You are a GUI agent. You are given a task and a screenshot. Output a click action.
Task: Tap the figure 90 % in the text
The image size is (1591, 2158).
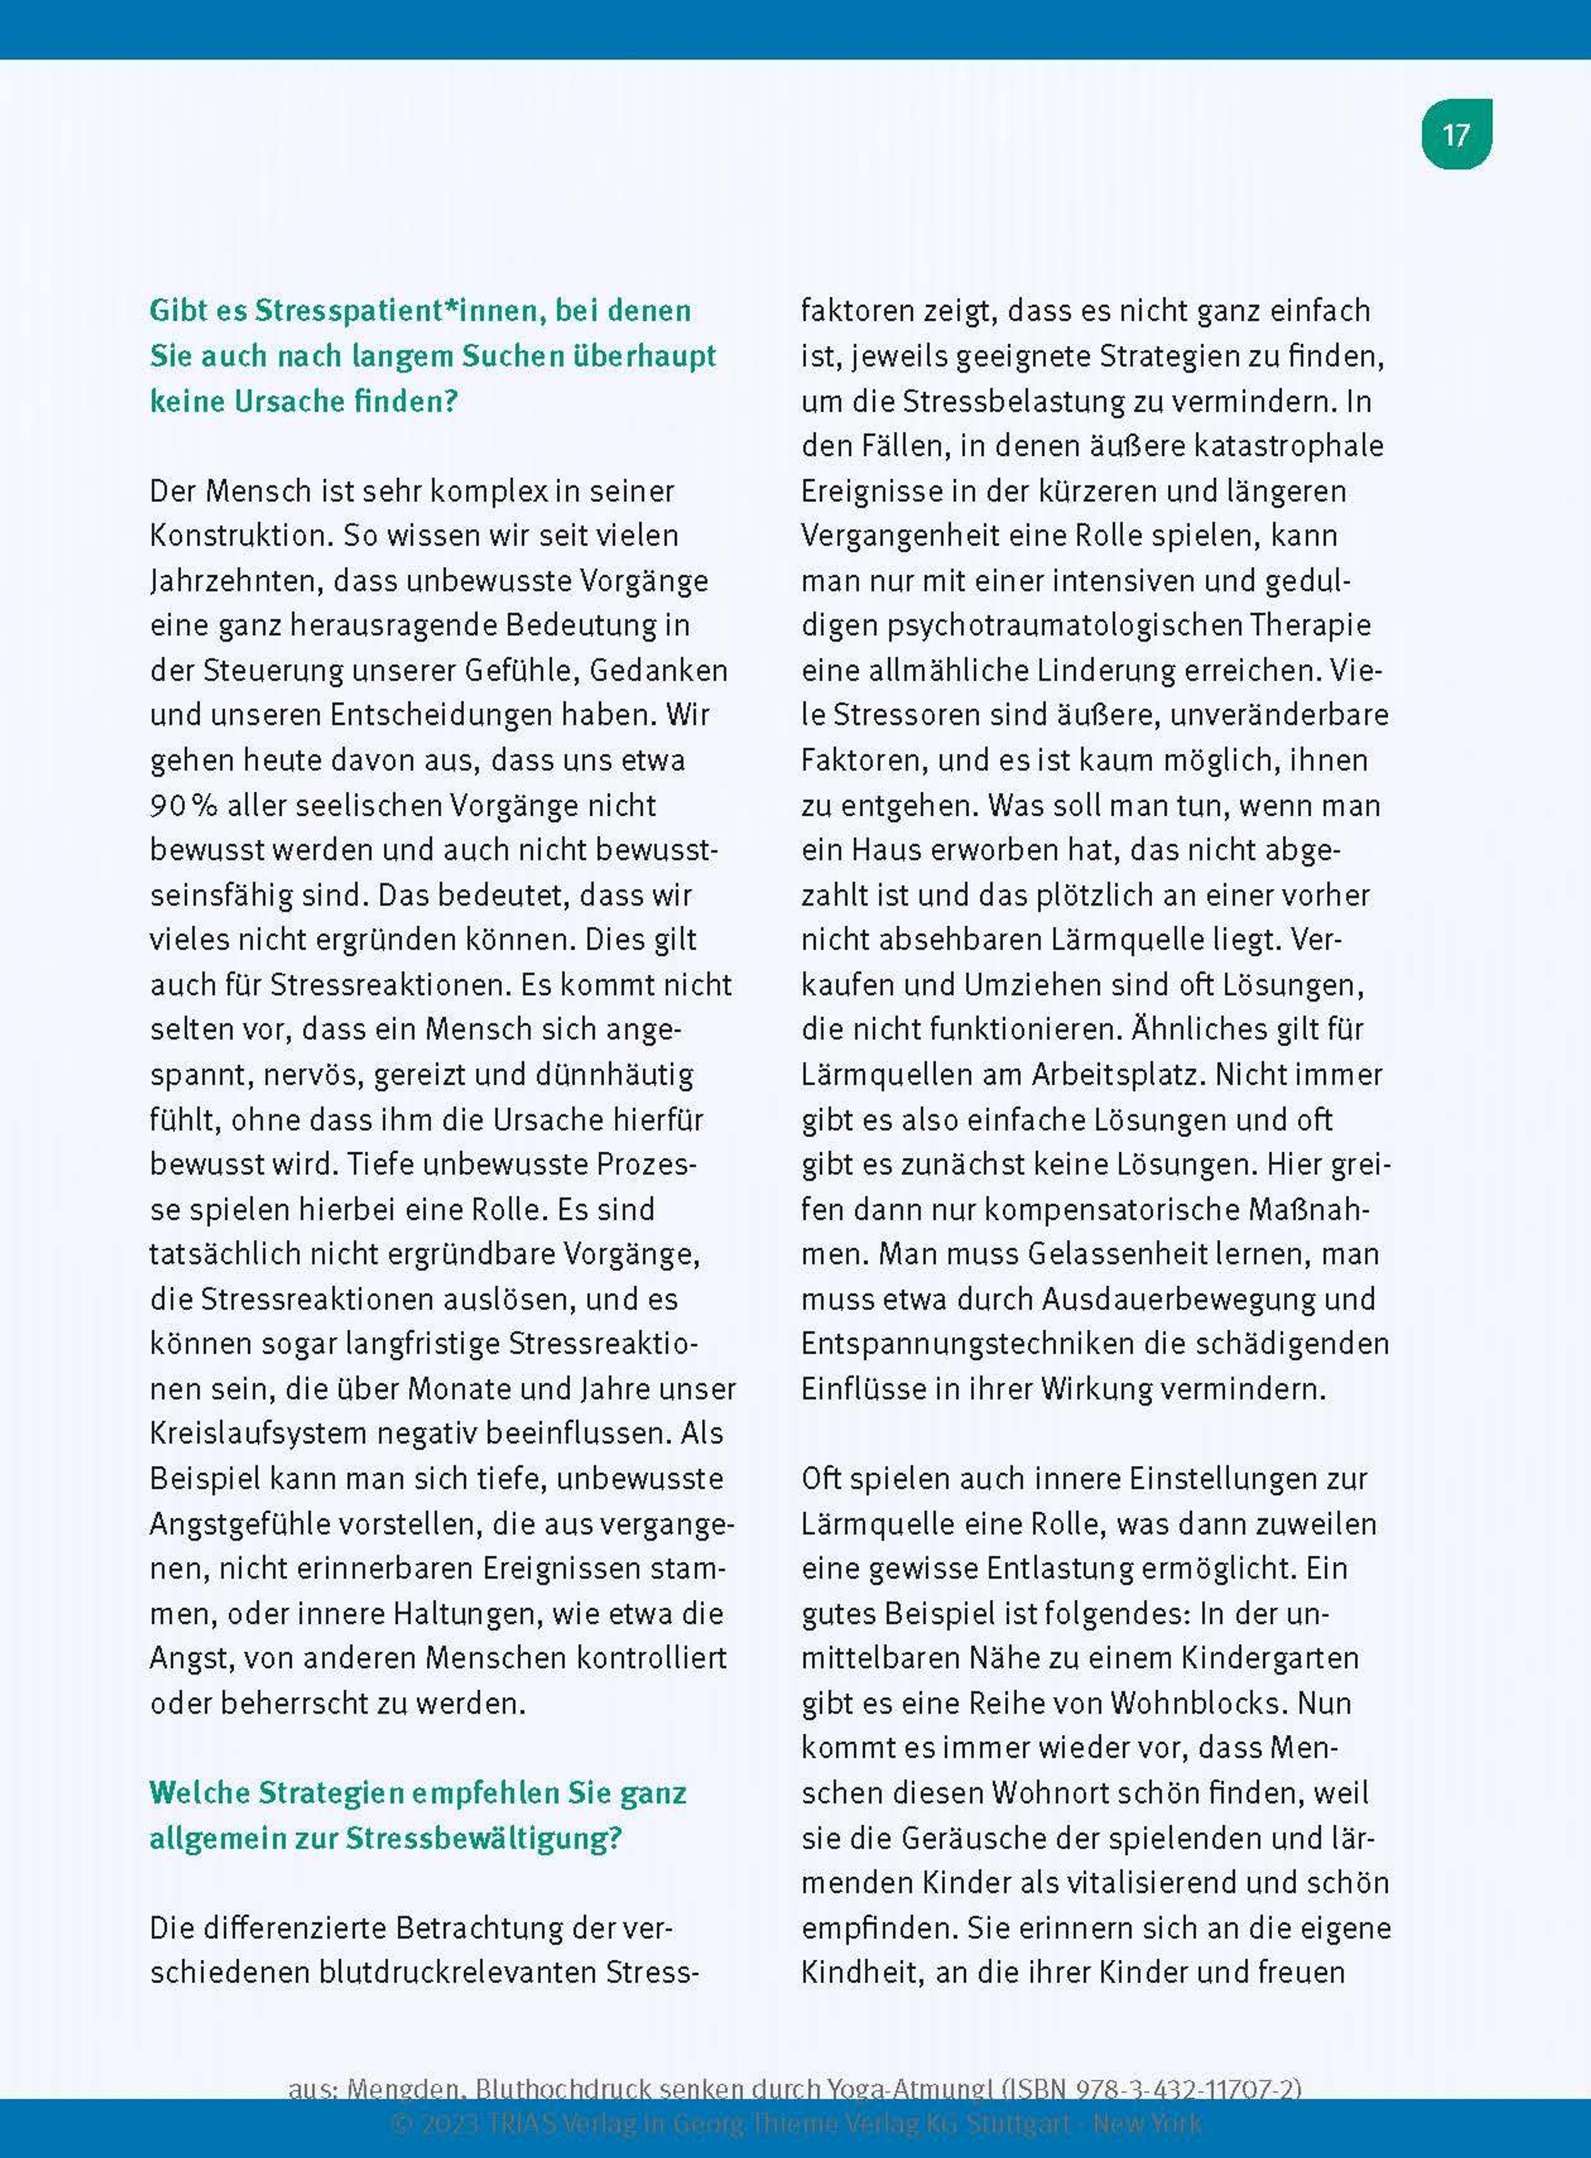point(183,805)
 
